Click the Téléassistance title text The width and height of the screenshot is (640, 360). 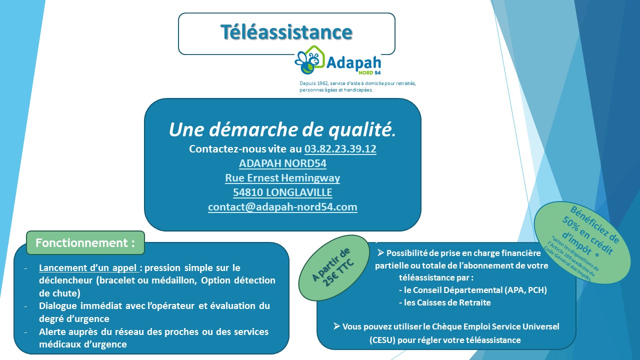[x=286, y=32]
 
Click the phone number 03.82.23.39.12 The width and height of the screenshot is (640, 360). [x=340, y=149]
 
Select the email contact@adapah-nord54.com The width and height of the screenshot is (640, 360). [x=282, y=206]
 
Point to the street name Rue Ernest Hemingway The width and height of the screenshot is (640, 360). [x=282, y=177]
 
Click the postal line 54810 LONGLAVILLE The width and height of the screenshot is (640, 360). [x=282, y=192]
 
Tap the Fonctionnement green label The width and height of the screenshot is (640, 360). [x=85, y=243]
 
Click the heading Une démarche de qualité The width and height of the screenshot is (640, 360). [x=282, y=129]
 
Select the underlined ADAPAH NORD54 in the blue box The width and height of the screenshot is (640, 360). [x=282, y=163]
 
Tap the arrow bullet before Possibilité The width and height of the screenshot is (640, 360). [x=380, y=253]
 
